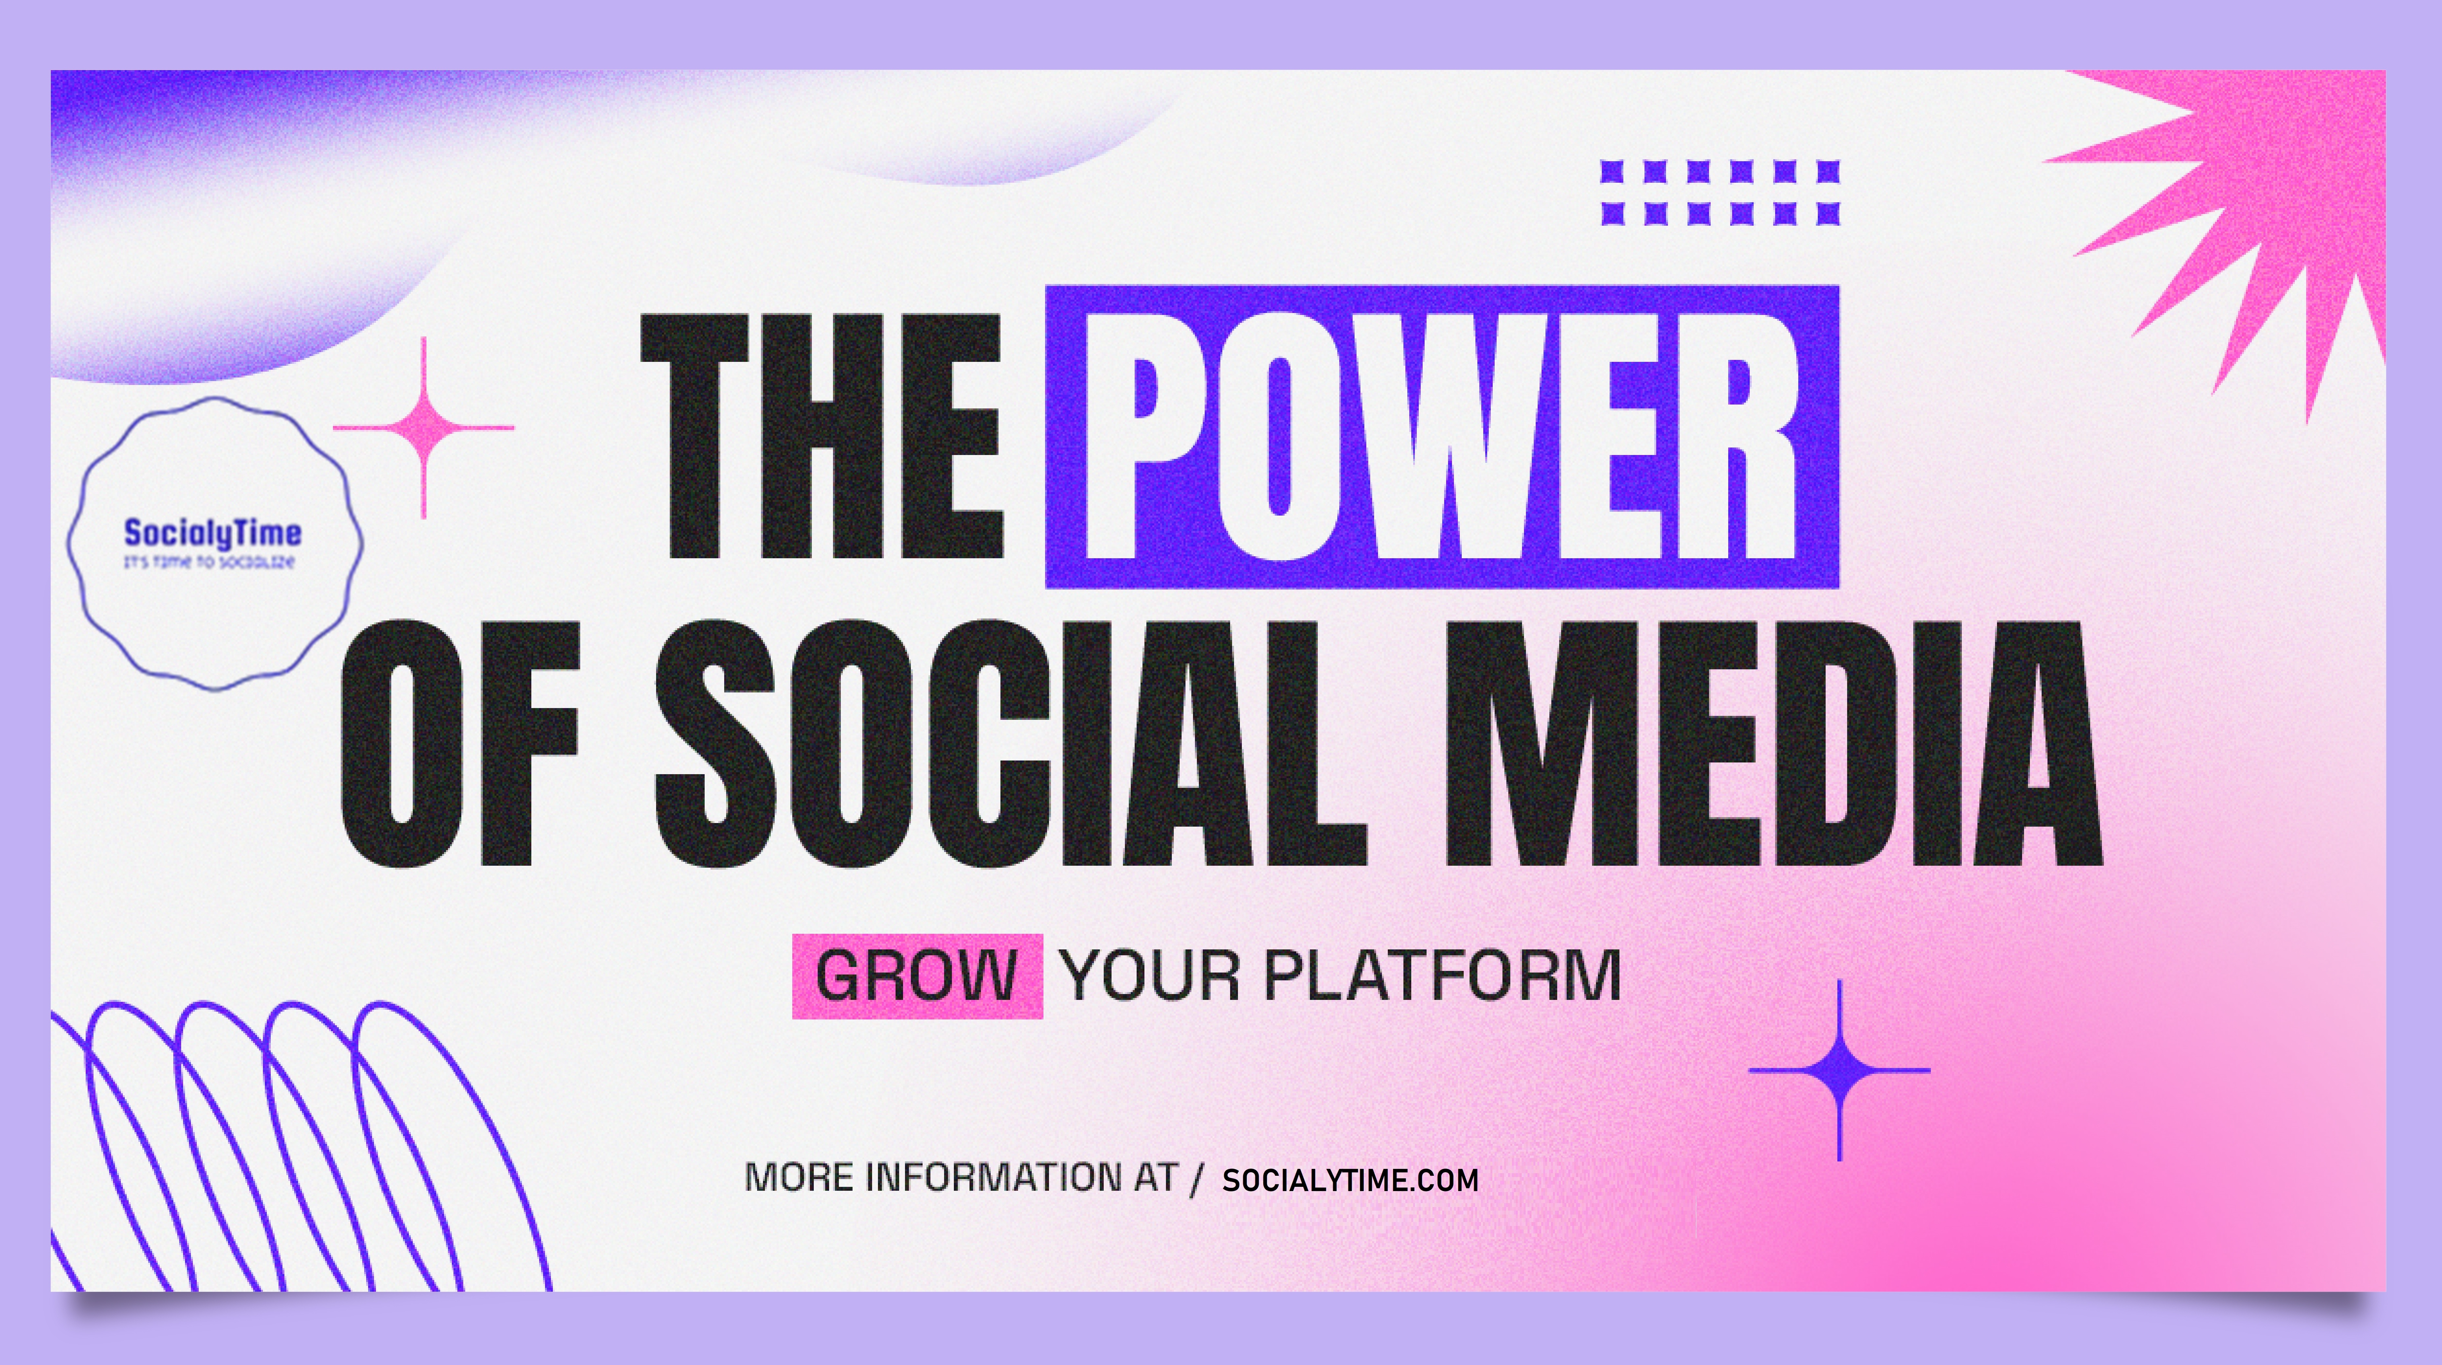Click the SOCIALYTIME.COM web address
[1350, 1180]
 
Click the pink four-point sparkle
[424, 428]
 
